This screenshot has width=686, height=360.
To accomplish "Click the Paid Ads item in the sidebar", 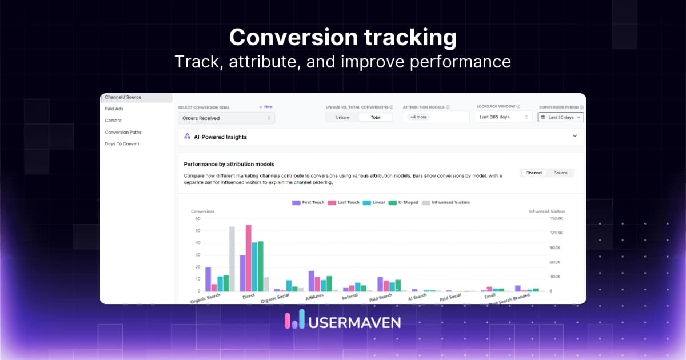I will (x=114, y=109).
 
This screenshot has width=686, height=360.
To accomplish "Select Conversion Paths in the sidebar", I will (x=123, y=132).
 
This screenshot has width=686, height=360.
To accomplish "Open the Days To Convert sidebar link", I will (x=122, y=143).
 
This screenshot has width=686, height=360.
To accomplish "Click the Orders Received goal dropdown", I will (x=226, y=118).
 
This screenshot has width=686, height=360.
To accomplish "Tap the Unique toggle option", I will (x=342, y=117).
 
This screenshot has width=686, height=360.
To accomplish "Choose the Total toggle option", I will (x=376, y=117).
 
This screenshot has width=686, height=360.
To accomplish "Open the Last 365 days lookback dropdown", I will (x=504, y=117).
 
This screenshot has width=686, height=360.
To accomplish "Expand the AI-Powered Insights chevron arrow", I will (x=575, y=137).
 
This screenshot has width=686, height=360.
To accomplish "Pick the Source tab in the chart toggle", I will (x=560, y=173).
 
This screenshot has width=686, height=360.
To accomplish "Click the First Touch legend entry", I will (x=308, y=202).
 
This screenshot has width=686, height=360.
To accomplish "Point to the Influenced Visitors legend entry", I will (x=448, y=202).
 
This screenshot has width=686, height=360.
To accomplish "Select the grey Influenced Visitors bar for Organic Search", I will (x=232, y=258).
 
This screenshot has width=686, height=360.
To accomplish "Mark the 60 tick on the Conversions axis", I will (x=197, y=218).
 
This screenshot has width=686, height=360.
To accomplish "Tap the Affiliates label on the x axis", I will (x=315, y=296).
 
